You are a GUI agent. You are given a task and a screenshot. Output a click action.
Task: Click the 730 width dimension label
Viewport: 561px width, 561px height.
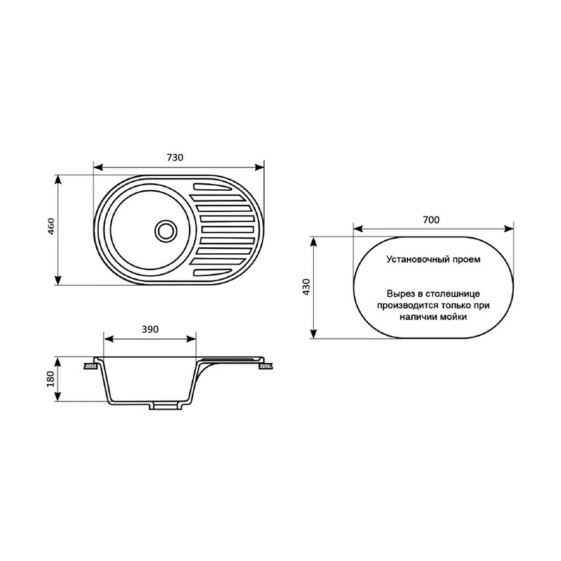click(x=175, y=158)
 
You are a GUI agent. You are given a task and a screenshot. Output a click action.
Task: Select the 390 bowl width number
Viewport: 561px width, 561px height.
click(x=150, y=329)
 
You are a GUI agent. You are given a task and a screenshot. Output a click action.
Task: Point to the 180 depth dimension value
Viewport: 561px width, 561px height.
click(x=50, y=379)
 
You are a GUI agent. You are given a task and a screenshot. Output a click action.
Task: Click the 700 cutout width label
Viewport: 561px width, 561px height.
click(x=431, y=220)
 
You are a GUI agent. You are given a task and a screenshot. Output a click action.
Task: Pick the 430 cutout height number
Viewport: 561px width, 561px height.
click(x=306, y=287)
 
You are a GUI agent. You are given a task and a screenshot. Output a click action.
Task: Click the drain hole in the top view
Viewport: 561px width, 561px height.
click(x=166, y=231)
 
